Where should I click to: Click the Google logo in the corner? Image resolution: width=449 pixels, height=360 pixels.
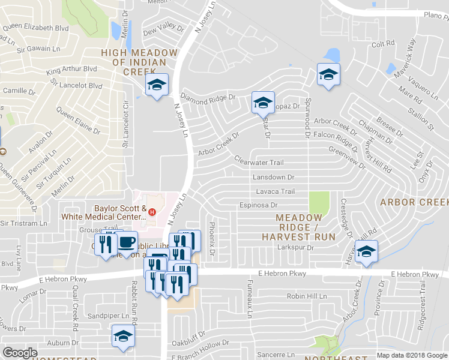coord(20,353)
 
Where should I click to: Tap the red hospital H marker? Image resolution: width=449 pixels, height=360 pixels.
coord(152,212)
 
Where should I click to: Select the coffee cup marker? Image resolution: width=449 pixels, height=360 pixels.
coord(126,242)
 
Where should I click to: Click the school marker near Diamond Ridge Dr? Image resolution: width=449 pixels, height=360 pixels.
coord(157,85)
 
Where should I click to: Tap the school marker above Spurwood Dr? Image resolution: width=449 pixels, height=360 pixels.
coord(328,74)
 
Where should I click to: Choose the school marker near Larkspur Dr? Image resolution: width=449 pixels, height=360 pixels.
coord(365,251)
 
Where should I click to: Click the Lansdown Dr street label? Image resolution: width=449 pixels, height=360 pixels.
coord(273,178)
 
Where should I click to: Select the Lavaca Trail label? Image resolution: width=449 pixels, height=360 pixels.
coord(276,192)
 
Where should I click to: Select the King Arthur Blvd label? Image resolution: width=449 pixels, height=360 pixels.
coord(71,70)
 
